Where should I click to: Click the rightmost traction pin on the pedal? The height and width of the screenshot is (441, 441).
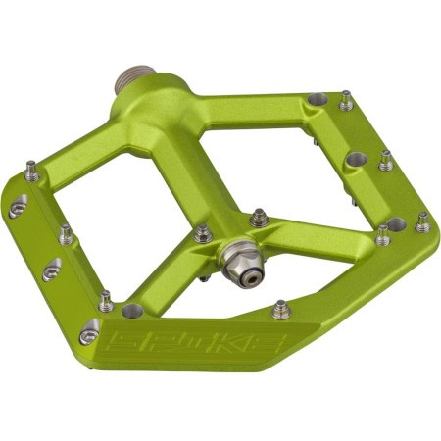pyautogui.click(x=422, y=221)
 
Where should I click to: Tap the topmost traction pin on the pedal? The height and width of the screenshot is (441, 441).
pyautogui.click(x=346, y=99)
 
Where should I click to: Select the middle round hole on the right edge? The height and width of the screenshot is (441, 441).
pyautogui.click(x=354, y=159)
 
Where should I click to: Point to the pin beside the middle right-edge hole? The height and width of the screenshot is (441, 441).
pyautogui.click(x=386, y=159)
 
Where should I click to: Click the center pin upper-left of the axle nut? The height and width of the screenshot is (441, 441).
pyautogui.click(x=204, y=233)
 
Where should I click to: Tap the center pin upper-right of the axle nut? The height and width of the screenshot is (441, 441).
pyautogui.click(x=258, y=217)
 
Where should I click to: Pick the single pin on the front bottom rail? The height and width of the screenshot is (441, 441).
pyautogui.click(x=280, y=309)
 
